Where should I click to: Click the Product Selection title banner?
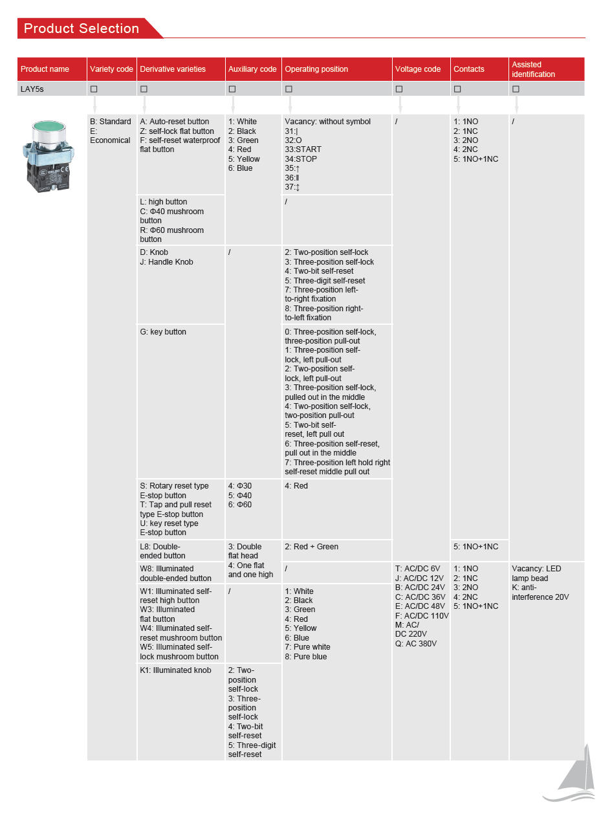[82, 28]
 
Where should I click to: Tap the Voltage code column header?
[418, 69]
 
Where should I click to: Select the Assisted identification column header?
[533, 69]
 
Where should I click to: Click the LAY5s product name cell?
[32, 89]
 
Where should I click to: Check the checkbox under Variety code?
[94, 89]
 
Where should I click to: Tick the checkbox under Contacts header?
[457, 89]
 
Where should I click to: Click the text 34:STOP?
[301, 159]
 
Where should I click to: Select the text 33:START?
[303, 149]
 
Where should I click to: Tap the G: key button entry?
[163, 332]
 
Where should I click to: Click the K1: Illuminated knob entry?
[175, 670]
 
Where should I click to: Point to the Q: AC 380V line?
[416, 644]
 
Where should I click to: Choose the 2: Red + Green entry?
[311, 547]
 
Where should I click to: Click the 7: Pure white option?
[307, 647]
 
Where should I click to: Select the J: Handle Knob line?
[166, 262]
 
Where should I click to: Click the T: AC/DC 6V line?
[417, 569]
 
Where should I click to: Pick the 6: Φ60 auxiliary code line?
[240, 505]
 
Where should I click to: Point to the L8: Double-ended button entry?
[162, 551]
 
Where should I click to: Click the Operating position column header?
[316, 69]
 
